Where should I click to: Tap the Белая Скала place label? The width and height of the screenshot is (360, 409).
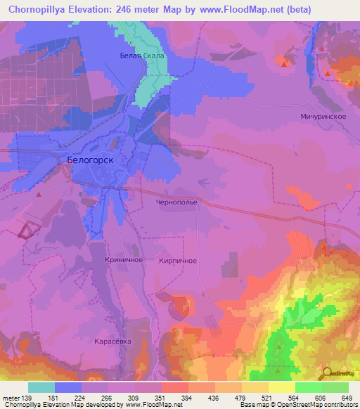point(141,56)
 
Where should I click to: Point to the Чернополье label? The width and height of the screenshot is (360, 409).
point(176,201)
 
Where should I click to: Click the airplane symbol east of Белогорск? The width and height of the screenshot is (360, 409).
point(204,181)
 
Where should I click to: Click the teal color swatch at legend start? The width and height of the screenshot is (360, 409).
point(41,387)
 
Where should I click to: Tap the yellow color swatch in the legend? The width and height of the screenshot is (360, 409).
point(282,387)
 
